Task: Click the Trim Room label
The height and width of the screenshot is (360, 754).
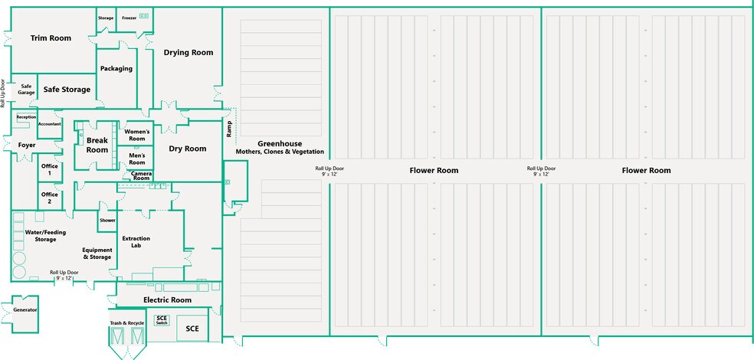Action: click(x=51, y=38)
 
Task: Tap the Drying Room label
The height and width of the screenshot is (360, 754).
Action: click(x=188, y=52)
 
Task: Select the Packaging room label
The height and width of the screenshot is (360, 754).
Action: click(x=116, y=69)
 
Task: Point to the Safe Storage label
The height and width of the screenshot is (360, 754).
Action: click(x=67, y=90)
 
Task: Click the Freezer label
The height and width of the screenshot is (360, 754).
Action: click(x=129, y=18)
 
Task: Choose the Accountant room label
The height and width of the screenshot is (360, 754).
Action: click(x=50, y=124)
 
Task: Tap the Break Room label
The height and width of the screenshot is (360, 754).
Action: click(x=97, y=146)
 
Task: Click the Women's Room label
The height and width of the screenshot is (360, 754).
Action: click(x=137, y=135)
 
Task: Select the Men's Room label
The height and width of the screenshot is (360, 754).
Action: click(x=137, y=159)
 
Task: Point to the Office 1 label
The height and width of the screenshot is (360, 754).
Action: click(x=50, y=169)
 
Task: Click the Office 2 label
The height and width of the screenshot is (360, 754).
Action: click(x=50, y=198)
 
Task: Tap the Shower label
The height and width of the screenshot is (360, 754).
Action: click(x=107, y=221)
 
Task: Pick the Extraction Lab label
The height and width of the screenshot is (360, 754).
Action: click(x=136, y=242)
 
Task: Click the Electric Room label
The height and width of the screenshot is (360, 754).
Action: click(x=167, y=300)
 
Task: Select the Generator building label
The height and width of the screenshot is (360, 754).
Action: click(x=25, y=310)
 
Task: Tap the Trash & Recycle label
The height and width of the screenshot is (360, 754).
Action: click(x=127, y=323)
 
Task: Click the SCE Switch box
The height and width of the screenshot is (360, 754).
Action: click(x=161, y=320)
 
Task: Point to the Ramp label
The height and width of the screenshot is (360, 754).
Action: click(x=229, y=129)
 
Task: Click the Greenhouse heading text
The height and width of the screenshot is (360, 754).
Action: click(x=280, y=144)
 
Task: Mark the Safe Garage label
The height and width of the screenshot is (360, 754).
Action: click(x=26, y=89)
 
